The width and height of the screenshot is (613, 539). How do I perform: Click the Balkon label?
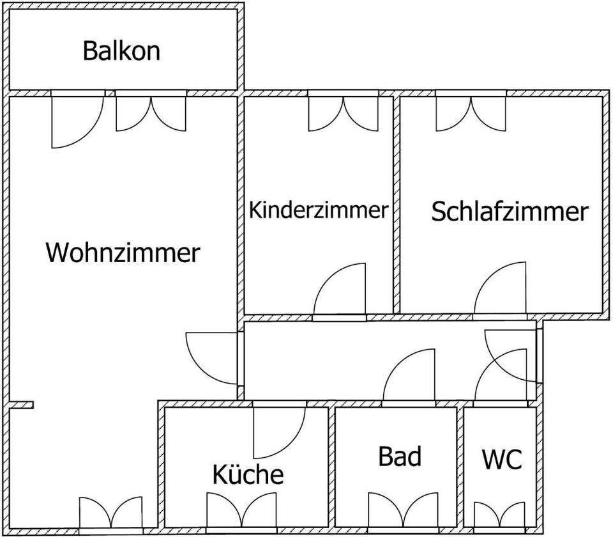tap(121, 51)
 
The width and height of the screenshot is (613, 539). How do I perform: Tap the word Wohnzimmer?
tap(123, 253)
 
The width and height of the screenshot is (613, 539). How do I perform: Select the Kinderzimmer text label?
tap(318, 210)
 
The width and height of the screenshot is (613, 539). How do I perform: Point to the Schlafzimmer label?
tap(509, 212)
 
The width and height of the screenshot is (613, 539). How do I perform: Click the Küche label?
tap(247, 474)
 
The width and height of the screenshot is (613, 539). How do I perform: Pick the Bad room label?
tap(400, 457)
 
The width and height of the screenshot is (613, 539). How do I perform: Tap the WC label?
tap(501, 459)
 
